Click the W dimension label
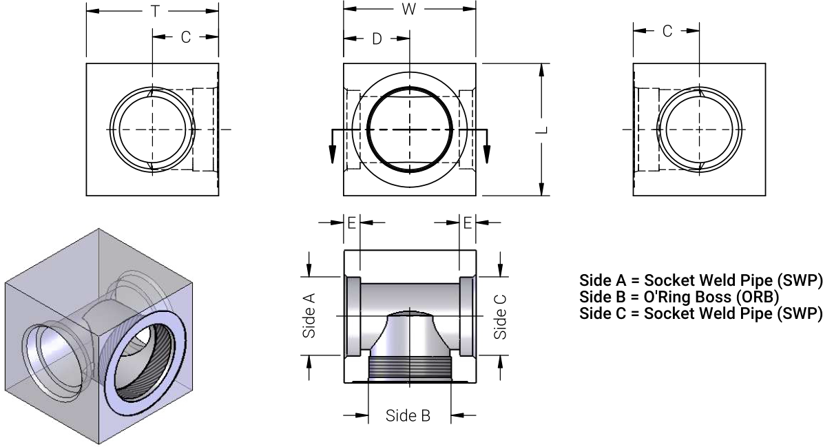409,9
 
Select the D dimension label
377,39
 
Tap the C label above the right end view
667,31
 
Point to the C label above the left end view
185,37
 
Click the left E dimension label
351,222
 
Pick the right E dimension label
468,222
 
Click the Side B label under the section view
408,415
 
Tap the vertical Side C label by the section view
501,316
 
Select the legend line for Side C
701,313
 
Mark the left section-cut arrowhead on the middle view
332,154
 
